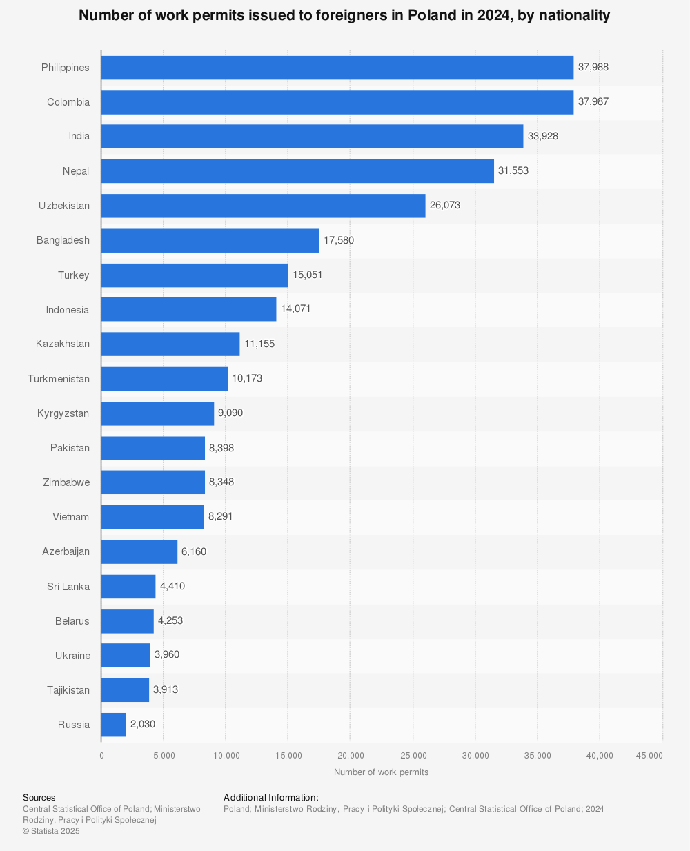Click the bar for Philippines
337,68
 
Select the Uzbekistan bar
263,206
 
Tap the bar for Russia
114,725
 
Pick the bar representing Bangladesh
210,241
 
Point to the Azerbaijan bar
139,552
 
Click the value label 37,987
593,102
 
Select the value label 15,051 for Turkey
308,275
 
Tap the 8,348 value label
221,482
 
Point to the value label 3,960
167,654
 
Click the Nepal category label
76,171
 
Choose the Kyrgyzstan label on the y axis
63,413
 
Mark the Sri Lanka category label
68,587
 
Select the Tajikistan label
68,690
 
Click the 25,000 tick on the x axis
413,756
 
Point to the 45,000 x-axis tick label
649,756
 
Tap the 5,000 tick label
164,756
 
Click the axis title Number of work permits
381,772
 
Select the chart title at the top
344,15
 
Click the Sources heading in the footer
39,798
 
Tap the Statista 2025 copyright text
51,831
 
